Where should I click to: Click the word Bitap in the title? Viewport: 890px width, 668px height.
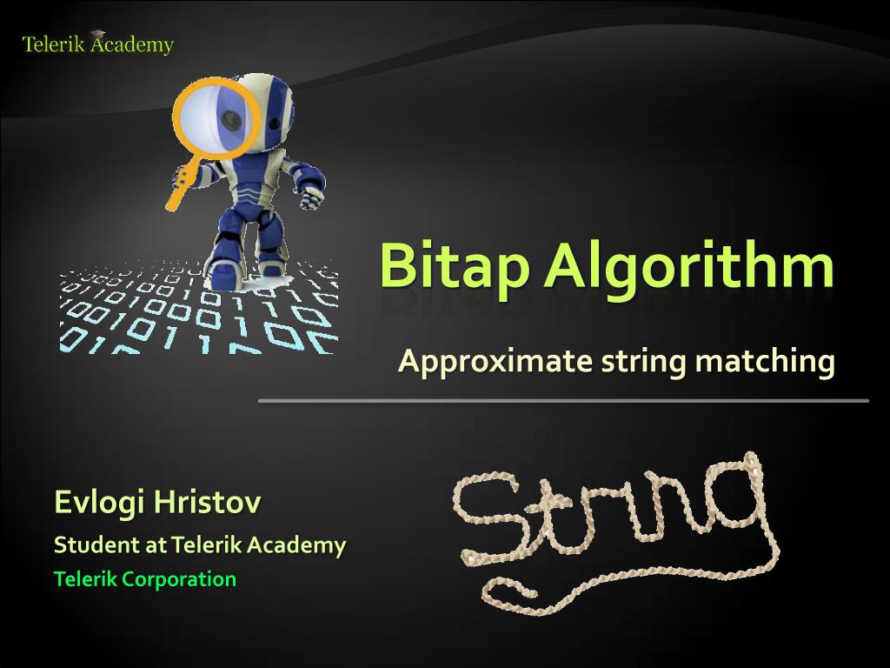pos(453,266)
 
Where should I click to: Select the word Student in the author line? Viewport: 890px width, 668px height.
pos(84,545)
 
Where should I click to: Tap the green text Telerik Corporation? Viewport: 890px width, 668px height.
pos(144,578)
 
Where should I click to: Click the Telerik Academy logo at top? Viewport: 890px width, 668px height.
pos(97,43)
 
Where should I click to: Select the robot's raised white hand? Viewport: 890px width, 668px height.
pos(312,197)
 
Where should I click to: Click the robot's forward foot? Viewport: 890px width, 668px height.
pos(224,274)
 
